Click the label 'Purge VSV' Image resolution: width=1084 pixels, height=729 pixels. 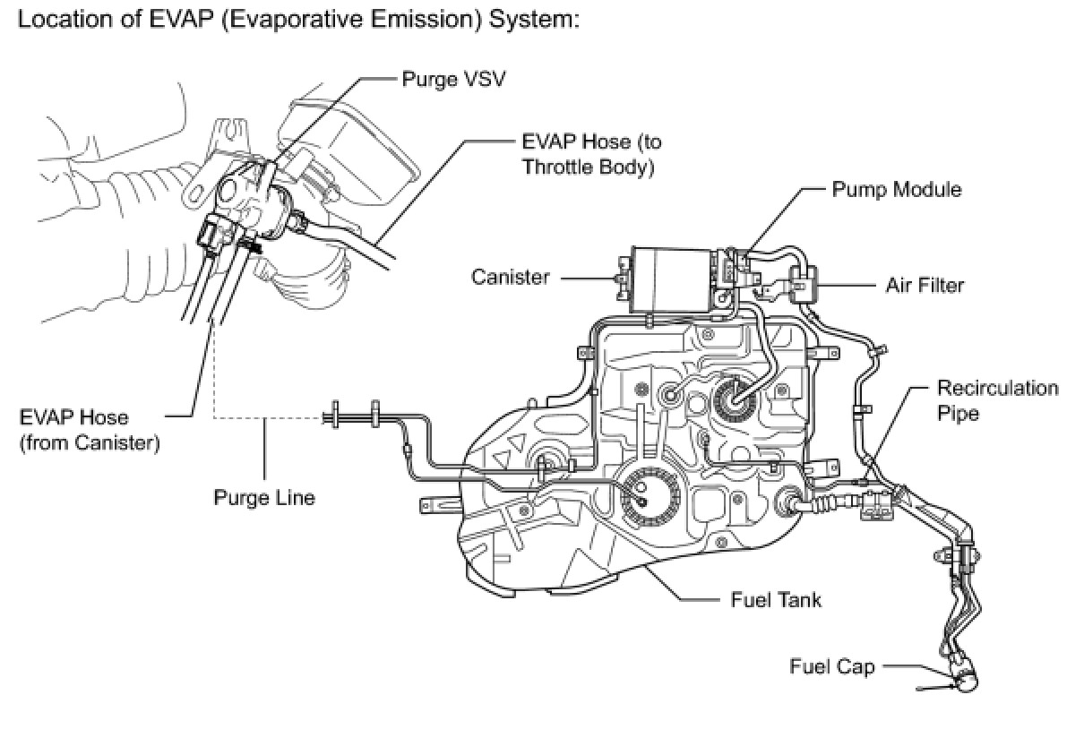(x=453, y=79)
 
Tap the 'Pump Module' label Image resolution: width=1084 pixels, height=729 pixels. (x=897, y=189)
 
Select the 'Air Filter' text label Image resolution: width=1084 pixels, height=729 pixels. (x=925, y=286)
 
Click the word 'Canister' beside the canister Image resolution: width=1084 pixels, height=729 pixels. (x=511, y=277)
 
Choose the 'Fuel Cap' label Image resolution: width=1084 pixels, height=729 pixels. (x=831, y=666)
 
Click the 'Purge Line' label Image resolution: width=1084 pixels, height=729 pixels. (x=264, y=497)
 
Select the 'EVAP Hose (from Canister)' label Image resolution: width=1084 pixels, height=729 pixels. (x=89, y=430)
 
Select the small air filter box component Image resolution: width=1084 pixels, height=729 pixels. (x=802, y=284)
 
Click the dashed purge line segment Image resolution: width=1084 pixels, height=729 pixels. (x=269, y=416)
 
